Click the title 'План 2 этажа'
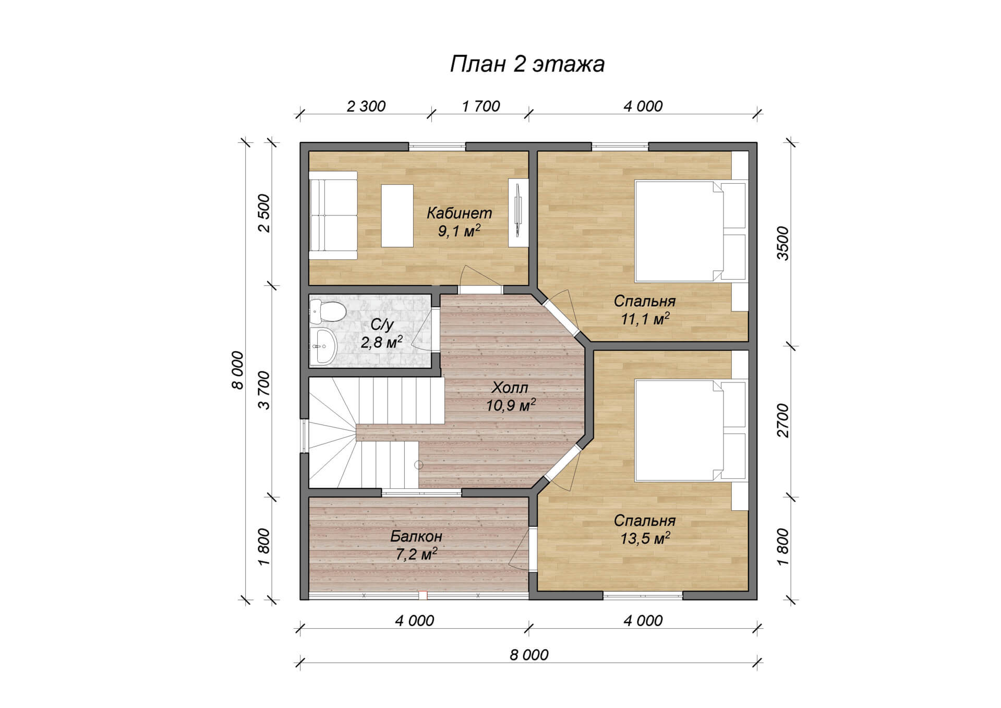[527, 64]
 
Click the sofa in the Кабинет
[333, 215]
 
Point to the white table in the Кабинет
[397, 215]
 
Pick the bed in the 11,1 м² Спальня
[690, 231]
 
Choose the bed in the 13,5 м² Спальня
[690, 430]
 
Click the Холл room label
[510, 388]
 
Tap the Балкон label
[416, 536]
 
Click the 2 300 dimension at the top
[366, 106]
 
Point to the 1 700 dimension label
[480, 106]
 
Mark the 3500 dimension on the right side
[782, 243]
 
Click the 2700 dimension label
[782, 420]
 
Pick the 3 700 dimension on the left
[264, 390]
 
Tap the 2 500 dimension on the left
[264, 213]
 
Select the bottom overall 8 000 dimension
[529, 655]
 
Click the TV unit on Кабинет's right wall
[518, 213]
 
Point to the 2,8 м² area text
[381, 342]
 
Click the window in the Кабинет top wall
[437, 146]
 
